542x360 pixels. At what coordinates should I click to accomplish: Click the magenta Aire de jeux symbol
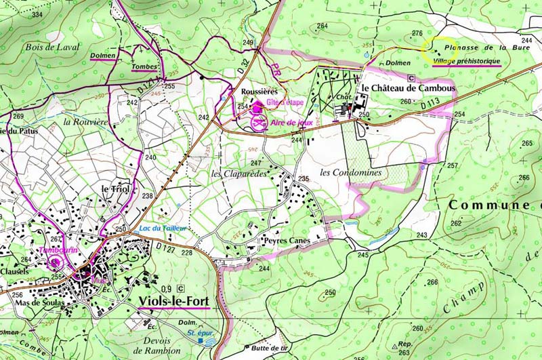point(258,123)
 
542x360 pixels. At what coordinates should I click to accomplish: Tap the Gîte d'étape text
point(285,102)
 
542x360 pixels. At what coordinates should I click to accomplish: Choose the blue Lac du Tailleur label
point(162,228)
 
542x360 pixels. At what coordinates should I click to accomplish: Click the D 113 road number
point(430,106)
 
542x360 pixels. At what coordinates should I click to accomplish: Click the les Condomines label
point(351,173)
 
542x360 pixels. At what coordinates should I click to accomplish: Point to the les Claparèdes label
point(239,174)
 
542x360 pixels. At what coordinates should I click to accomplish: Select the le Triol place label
point(114,188)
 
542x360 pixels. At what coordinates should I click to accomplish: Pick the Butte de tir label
point(250,348)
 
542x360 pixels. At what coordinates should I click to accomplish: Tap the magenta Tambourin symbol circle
point(56,260)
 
